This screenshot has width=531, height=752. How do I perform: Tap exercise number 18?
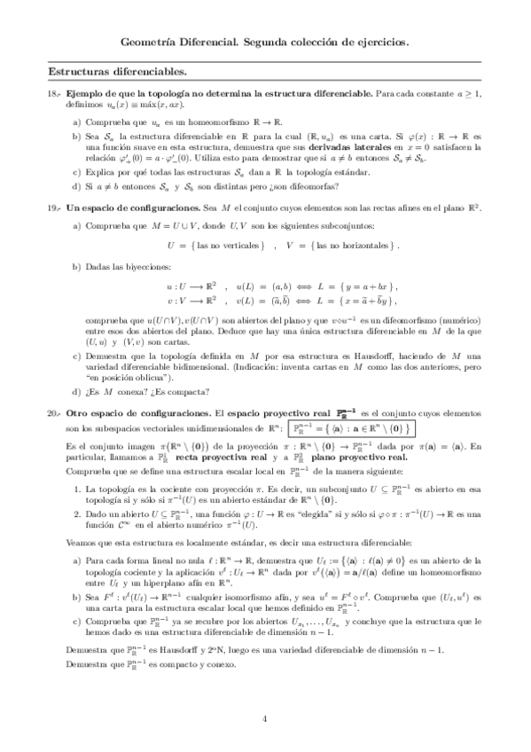(x=52, y=93)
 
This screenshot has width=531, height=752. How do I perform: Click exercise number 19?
(x=52, y=207)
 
